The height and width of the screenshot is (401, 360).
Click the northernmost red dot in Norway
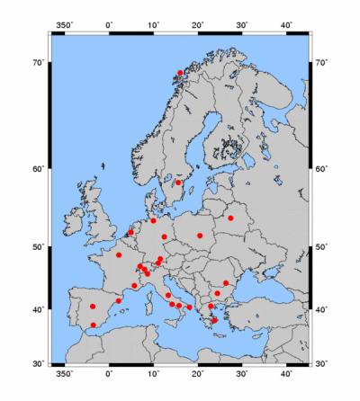[x=180, y=73]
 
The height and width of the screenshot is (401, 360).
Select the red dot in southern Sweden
[x=178, y=183]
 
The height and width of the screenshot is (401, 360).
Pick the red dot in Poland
[x=200, y=236]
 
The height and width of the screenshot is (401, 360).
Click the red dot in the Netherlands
[x=130, y=232]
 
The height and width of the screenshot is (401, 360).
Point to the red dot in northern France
[x=119, y=255]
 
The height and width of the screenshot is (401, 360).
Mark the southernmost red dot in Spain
[x=93, y=325]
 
